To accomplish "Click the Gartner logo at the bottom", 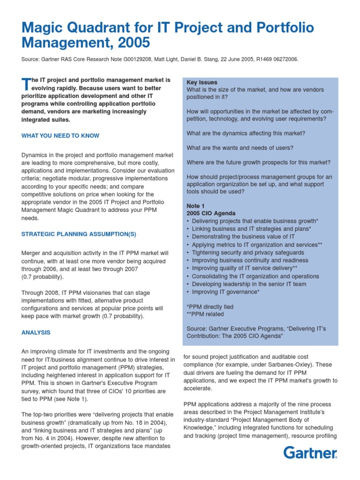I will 310,453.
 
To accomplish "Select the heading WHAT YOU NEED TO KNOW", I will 60,136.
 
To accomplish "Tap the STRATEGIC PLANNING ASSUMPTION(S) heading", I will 79,234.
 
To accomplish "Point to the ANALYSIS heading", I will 36,332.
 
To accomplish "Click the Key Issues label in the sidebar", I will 202,82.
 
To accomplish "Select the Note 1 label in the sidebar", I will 195,206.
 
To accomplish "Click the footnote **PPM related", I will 205,314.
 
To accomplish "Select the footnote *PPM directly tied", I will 210,307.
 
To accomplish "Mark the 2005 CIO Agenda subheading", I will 211,213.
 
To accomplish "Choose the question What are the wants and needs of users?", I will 240,148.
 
